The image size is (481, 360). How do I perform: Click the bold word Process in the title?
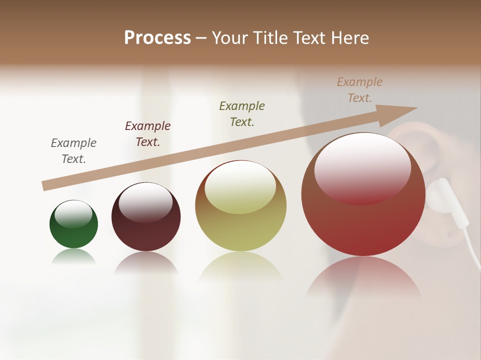pos(157,38)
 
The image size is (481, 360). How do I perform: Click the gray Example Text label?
pos(74,151)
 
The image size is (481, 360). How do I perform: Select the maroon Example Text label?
pos(148,134)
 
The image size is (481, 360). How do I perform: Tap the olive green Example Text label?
pos(242,114)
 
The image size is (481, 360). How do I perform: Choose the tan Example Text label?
pos(360,90)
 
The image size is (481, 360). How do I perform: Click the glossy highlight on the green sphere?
pos(74,213)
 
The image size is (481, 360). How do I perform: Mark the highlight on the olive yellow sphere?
pos(241,186)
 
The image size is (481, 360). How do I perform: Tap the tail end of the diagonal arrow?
pos(45,186)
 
